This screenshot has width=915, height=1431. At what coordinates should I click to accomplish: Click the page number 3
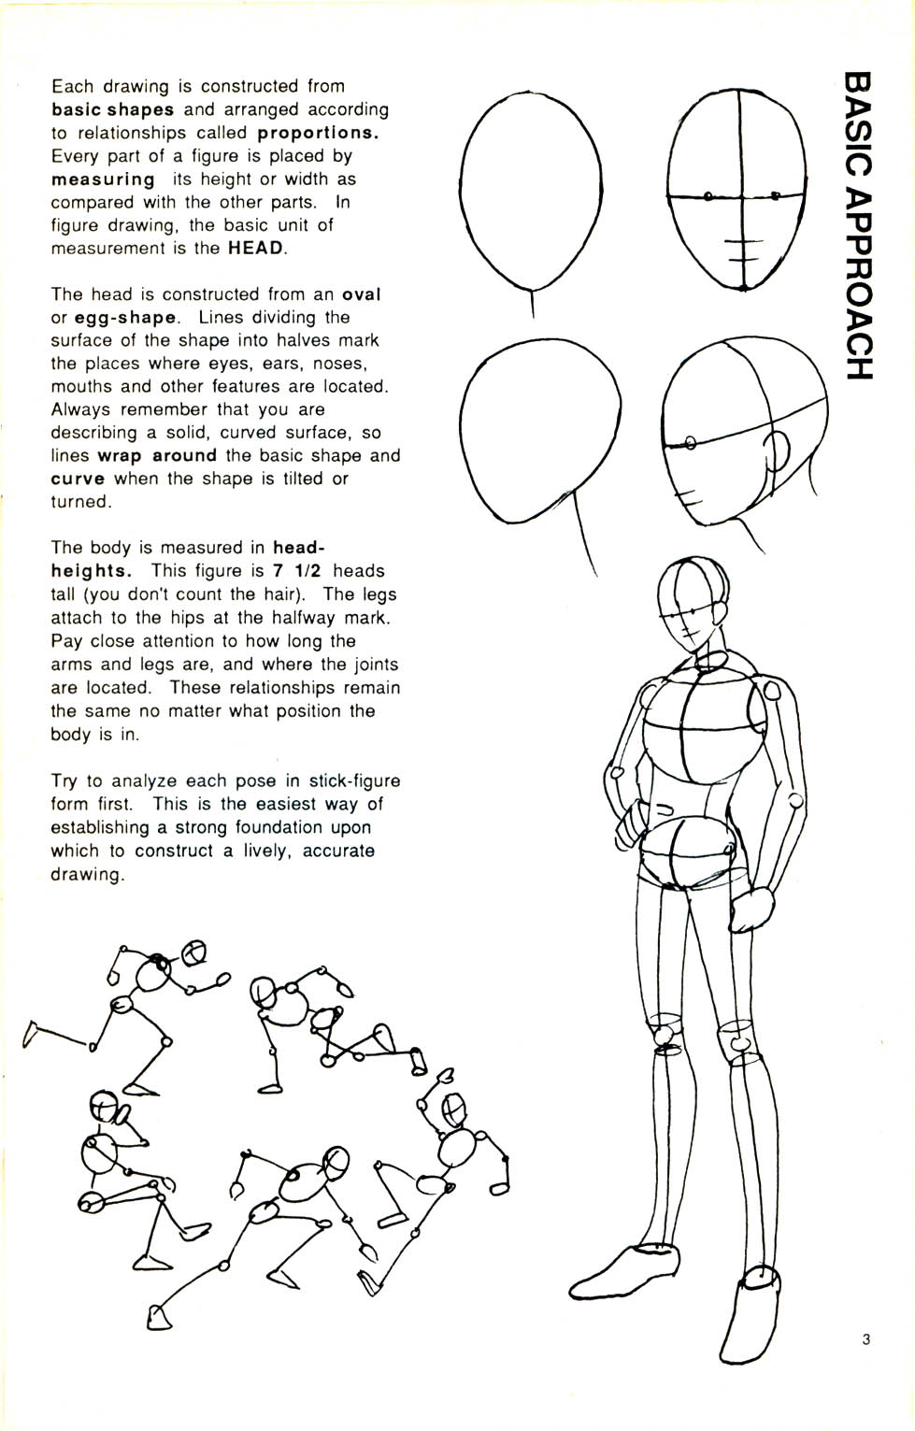point(865,1339)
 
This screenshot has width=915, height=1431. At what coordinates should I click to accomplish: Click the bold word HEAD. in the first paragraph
point(258,249)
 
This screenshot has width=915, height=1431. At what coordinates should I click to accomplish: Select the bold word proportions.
point(318,133)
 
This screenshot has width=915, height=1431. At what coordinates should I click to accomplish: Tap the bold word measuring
point(103,179)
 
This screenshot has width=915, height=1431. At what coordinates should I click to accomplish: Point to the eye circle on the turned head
point(691,441)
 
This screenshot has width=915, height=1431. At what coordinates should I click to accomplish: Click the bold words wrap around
point(157,456)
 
